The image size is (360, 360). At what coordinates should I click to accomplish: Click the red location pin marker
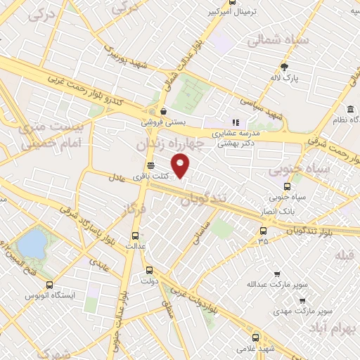point(181,167)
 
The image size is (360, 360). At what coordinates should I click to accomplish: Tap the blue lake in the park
point(32,244)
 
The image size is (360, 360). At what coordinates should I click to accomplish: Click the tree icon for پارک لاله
point(284,67)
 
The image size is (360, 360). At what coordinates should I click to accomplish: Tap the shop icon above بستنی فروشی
point(163,110)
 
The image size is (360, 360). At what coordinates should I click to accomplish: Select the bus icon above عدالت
point(135,236)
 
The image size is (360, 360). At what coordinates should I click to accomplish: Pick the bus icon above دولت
point(148,270)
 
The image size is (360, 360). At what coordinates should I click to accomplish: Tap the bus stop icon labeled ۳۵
point(263,230)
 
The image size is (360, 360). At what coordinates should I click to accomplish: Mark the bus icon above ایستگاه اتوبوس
point(49,285)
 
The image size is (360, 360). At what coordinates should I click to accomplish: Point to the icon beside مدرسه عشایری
point(236,122)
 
